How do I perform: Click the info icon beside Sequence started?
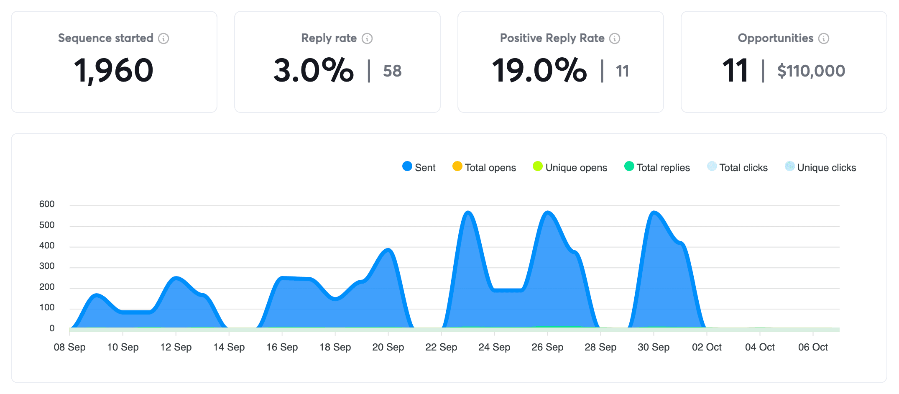[163, 38]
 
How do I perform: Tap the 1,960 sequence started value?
[114, 70]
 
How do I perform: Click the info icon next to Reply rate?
[367, 38]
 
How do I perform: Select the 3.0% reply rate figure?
[314, 70]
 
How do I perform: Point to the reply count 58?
[392, 71]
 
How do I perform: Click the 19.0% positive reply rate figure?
[539, 70]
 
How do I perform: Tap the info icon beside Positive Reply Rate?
[615, 38]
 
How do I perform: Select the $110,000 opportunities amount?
[811, 71]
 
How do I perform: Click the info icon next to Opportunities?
[824, 38]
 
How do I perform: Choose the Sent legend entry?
[419, 167]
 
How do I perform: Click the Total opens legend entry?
[485, 167]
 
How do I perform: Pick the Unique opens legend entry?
[570, 167]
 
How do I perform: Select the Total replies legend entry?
[657, 167]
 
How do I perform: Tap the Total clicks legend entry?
[738, 167]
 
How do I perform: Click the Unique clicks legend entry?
[820, 167]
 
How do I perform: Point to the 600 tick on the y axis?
[47, 204]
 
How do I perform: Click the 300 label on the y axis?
[47, 266]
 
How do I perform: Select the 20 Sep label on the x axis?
[388, 347]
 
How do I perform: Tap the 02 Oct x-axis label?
[707, 347]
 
